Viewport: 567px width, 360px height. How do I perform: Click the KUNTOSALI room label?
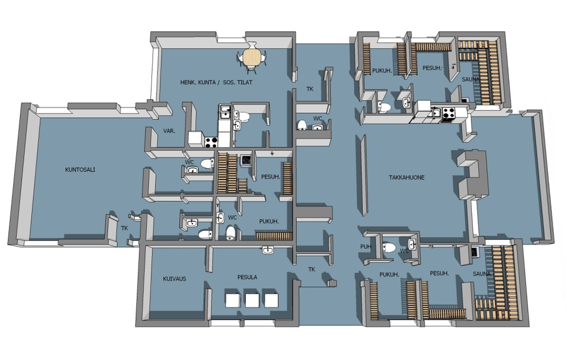click(80, 170)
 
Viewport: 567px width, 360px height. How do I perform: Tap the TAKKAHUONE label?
click(406, 177)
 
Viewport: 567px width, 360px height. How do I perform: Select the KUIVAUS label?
click(174, 279)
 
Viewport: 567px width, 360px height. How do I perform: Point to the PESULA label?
click(247, 277)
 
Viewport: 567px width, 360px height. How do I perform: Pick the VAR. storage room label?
click(169, 131)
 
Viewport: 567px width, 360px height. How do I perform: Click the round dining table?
click(252, 58)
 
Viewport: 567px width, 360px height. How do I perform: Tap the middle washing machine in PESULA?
click(252, 300)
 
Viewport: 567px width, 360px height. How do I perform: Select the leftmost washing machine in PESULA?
click(233, 300)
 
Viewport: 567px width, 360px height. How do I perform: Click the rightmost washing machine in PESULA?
click(271, 300)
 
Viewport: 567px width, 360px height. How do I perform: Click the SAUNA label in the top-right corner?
click(471, 79)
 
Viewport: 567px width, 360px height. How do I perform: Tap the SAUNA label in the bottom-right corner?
click(481, 274)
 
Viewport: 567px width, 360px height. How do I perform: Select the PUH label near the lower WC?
click(365, 247)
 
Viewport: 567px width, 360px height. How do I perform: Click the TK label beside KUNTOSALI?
click(124, 228)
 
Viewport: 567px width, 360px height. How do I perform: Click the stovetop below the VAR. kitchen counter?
click(211, 142)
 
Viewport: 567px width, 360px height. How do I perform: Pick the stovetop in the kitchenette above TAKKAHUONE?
click(448, 113)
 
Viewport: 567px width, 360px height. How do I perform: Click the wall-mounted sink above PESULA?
click(267, 250)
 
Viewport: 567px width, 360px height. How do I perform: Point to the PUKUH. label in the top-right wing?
click(382, 71)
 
